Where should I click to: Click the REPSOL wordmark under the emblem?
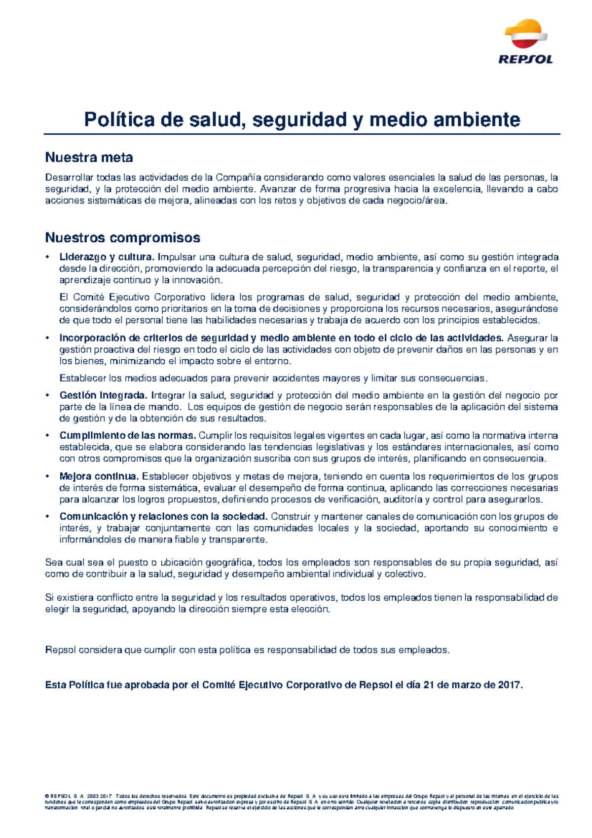[x=525, y=60]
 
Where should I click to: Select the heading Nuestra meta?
[x=89, y=157]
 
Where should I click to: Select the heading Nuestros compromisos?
[x=122, y=238]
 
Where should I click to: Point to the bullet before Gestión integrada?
[x=47, y=396]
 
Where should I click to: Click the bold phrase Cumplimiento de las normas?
[x=128, y=436]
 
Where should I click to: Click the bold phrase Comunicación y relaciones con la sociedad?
[x=163, y=517]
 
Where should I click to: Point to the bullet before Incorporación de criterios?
[x=47, y=339]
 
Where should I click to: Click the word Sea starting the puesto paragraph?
[x=53, y=563]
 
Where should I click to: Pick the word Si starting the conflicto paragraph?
[x=49, y=598]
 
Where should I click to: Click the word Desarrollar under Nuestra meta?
[x=69, y=178]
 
